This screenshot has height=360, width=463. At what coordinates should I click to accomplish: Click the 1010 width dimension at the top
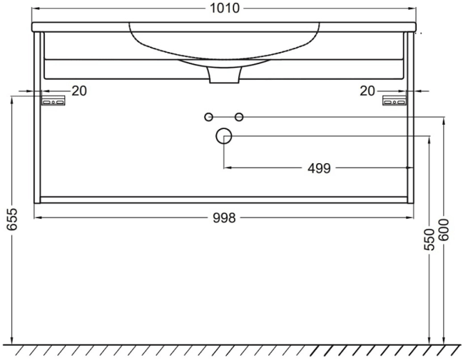[x=224, y=9]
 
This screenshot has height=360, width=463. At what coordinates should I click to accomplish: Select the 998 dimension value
[x=224, y=218]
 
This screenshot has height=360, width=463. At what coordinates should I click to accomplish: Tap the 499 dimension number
[x=319, y=168]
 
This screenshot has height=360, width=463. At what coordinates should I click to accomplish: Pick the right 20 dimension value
[x=367, y=91]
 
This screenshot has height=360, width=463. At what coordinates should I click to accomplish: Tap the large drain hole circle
[x=224, y=136]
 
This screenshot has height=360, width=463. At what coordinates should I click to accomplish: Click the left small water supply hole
[x=208, y=117]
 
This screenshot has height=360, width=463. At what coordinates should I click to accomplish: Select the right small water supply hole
[x=240, y=117]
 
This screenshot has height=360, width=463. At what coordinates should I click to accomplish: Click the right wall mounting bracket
[x=394, y=101]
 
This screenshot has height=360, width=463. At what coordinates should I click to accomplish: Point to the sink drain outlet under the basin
[x=223, y=75]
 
